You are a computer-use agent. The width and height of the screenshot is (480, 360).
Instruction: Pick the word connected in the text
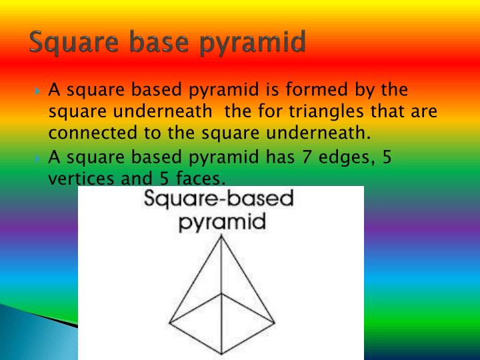tap(89, 133)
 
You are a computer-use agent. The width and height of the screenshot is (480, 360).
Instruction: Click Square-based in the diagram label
tap(219, 199)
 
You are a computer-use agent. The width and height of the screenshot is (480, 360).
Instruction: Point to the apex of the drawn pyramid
tap(221, 239)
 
